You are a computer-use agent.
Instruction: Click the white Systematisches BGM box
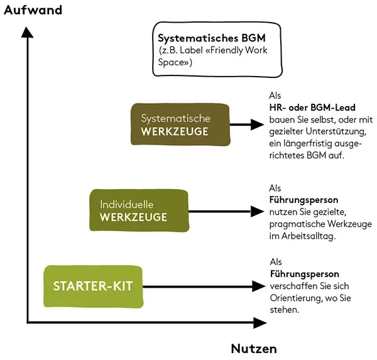[x=199, y=50]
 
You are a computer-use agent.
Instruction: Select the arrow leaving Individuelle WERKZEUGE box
[x=223, y=212]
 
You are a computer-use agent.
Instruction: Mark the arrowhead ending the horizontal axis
[x=260, y=324]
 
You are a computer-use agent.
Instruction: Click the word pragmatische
[x=297, y=224]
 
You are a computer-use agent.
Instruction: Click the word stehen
[x=283, y=310]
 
